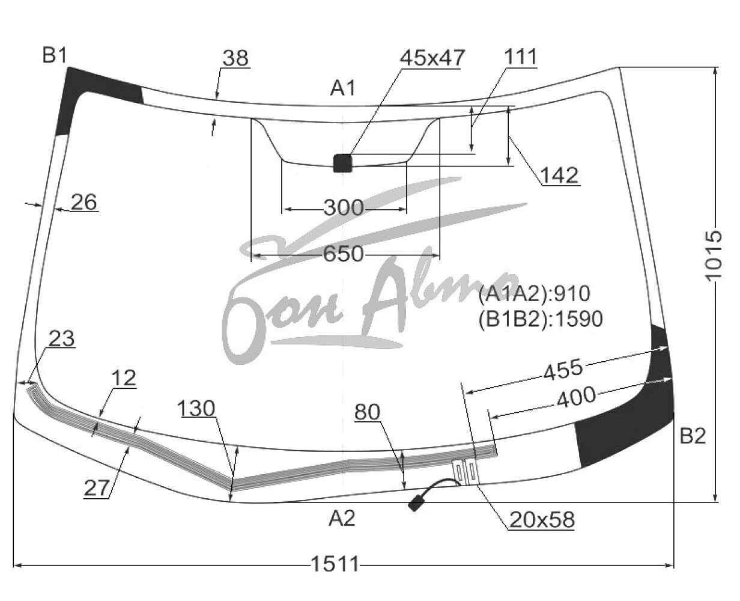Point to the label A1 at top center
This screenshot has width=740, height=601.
coord(343,88)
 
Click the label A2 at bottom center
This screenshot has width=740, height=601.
coord(342,519)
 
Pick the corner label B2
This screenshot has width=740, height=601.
coord(693,436)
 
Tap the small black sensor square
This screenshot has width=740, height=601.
coord(342,163)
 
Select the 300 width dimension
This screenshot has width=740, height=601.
coord(344,208)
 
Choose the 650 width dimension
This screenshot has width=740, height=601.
coord(344,254)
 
